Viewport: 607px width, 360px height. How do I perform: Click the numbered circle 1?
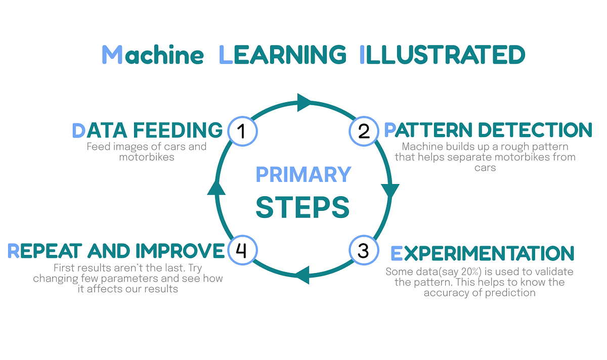[x=242, y=131]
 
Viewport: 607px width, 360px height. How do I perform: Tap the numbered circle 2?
[x=363, y=131]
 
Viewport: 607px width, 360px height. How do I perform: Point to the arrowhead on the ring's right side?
[x=390, y=191]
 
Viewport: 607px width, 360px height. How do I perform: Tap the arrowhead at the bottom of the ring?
[x=301, y=276]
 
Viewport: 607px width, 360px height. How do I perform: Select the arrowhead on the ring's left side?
[x=216, y=187]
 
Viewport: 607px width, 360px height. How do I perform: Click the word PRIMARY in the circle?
[x=303, y=174]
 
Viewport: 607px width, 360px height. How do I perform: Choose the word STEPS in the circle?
[x=303, y=207]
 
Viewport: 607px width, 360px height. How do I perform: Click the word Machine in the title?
[x=152, y=55]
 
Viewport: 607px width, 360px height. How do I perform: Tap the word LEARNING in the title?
[x=283, y=55]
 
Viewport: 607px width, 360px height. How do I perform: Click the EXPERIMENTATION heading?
[x=483, y=253]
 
